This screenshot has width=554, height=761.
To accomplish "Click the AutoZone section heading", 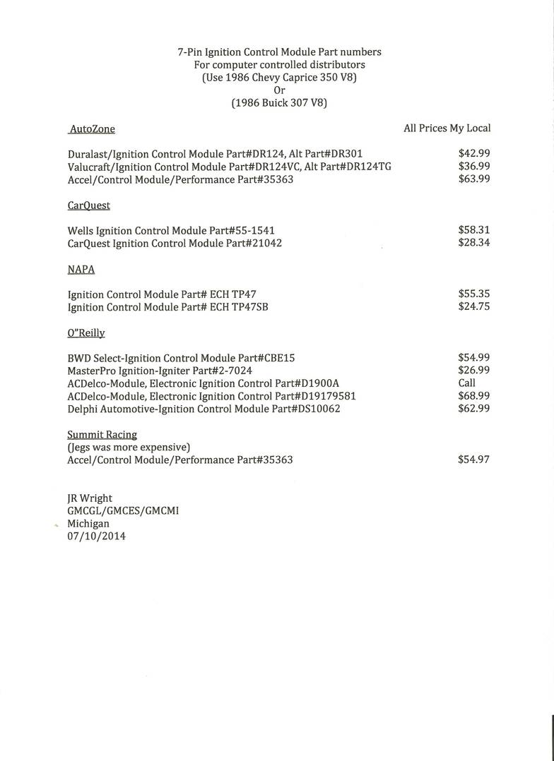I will [92, 129].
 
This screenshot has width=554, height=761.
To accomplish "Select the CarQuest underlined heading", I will [89, 205].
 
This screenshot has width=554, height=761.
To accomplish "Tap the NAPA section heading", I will [81, 270].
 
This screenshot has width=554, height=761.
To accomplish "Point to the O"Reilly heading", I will [86, 333].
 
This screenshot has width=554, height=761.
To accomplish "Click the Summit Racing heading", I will [102, 435].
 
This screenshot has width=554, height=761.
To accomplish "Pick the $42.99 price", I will [474, 153].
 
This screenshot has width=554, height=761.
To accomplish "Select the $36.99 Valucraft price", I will [474, 166].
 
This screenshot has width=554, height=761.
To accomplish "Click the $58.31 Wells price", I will [474, 230].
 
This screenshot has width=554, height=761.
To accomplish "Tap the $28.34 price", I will [474, 243].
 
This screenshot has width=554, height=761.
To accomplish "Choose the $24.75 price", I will [474, 306].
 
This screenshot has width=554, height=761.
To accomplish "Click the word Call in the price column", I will [467, 383].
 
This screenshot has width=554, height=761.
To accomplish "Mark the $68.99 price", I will [474, 396].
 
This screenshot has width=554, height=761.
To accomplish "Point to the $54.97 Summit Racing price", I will [474, 460].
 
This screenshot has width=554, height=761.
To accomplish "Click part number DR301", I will [346, 153].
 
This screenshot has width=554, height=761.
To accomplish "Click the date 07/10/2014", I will [97, 537].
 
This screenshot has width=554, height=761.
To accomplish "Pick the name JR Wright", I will [90, 498].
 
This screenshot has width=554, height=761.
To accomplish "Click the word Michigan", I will [88, 524].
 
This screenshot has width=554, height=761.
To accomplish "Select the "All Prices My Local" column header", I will [447, 128].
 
